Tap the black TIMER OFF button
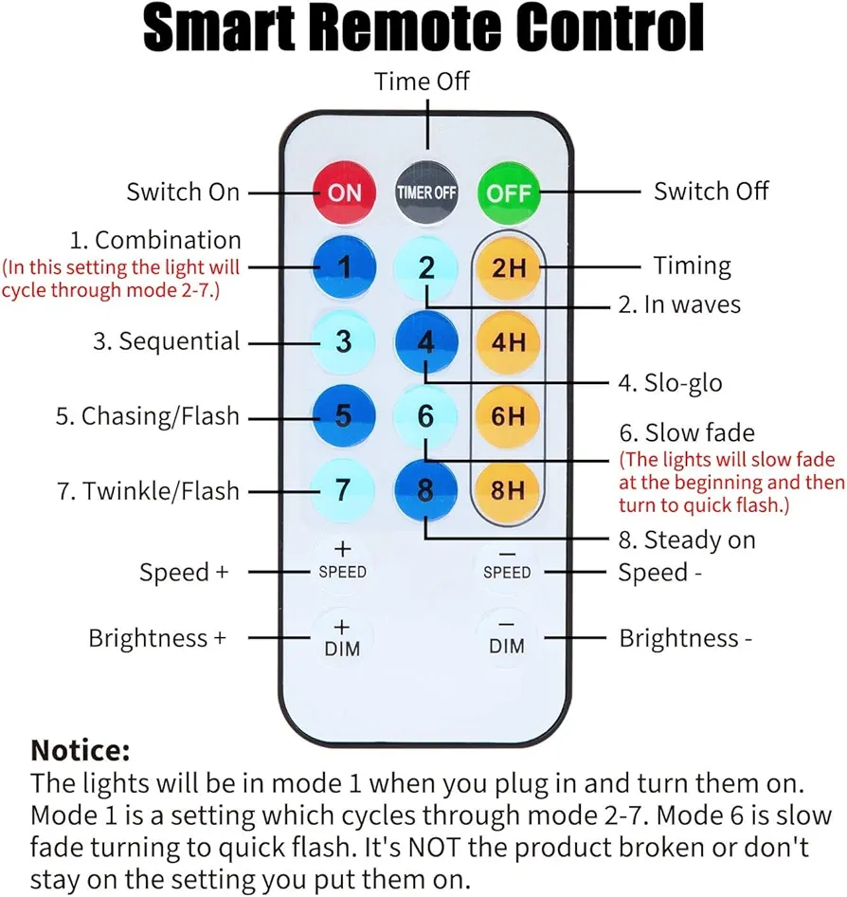click(x=426, y=192)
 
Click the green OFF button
click(x=509, y=192)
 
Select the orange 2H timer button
click(x=508, y=267)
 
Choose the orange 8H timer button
click(x=508, y=489)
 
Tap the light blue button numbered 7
click(x=343, y=489)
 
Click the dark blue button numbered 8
click(x=425, y=489)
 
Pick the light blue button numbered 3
click(x=344, y=341)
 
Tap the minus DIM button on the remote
click(x=507, y=638)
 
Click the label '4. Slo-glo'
click(x=671, y=383)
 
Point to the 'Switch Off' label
click(x=712, y=192)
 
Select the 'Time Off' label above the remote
click(x=422, y=82)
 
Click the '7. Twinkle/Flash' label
click(x=149, y=491)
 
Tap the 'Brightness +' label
click(x=157, y=638)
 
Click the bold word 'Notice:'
click(x=81, y=750)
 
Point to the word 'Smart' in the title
click(x=220, y=27)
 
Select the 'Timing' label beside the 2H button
click(x=693, y=266)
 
